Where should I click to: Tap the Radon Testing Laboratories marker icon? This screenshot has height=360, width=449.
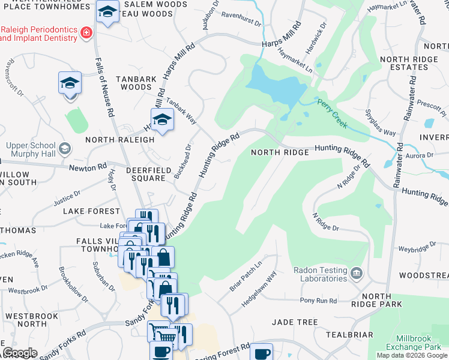357,274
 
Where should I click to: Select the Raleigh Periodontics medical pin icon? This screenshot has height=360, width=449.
86,32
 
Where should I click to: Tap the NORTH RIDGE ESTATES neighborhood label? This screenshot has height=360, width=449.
407,63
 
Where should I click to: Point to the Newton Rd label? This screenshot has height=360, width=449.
88,167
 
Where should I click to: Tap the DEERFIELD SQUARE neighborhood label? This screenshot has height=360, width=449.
145,174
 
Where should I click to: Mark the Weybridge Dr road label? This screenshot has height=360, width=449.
416,248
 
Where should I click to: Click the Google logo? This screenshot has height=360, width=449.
20,353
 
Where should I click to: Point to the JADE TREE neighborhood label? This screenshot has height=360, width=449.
294,322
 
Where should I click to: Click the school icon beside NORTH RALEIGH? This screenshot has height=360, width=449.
161,120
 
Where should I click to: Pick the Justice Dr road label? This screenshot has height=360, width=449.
67,199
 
